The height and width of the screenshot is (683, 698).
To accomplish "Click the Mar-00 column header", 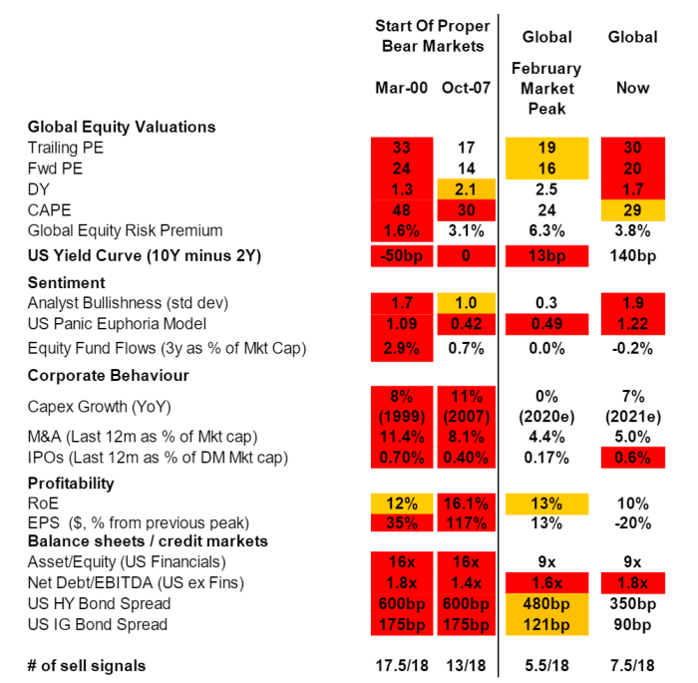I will (401, 88).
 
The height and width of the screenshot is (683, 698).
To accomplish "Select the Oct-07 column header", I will (466, 88).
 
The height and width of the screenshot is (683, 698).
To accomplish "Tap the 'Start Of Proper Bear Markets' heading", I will (433, 35).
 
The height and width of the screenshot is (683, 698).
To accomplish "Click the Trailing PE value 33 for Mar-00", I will (401, 148).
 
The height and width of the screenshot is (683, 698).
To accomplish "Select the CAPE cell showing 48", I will (401, 209).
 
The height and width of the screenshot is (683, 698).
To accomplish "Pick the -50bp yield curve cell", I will (401, 256).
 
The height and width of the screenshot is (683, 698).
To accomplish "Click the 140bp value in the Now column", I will (633, 256).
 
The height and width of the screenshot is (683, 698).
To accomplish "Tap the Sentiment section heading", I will (66, 283).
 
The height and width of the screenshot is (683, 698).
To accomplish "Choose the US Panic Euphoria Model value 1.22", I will (633, 324).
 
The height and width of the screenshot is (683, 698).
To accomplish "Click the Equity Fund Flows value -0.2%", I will (633, 348).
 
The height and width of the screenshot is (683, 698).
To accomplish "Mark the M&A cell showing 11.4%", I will (401, 436).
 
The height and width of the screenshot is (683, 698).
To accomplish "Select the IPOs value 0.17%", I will (546, 457).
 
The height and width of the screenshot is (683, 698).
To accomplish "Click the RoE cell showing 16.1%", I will (466, 503).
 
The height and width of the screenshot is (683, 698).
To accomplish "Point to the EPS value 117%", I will (466, 522).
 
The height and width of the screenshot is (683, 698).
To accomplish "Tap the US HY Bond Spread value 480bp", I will (546, 603).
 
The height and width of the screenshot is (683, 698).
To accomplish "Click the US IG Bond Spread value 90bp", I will (633, 624).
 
